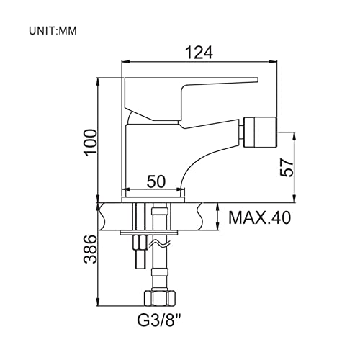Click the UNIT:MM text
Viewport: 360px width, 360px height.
coord(53,31)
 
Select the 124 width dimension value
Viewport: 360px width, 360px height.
coord(199,53)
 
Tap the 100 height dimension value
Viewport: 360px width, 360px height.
coord(91,143)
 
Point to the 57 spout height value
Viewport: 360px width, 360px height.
coord(287,168)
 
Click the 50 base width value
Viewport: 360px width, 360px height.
coord(156,181)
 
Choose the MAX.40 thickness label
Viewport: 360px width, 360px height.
coord(260,217)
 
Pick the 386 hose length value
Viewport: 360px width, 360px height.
coord(91,249)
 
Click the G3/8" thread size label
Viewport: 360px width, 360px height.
coord(159,320)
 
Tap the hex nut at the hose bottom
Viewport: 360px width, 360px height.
coord(159,298)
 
